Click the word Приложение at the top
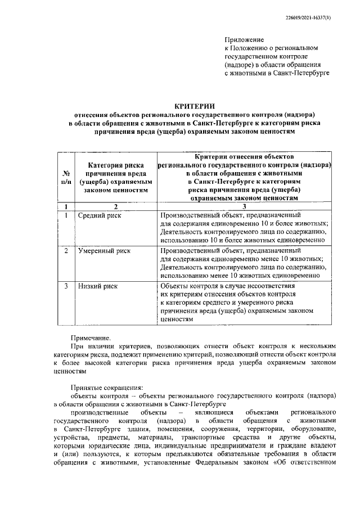coord(244,40)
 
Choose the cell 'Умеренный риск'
coord(103,251)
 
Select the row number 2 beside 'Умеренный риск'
coord(66,251)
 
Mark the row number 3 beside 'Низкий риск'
coord(66,286)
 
